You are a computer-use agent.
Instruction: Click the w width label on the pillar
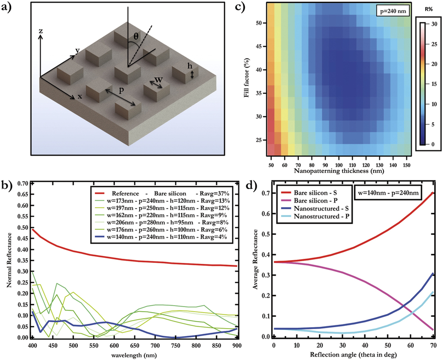coord(159,80)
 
